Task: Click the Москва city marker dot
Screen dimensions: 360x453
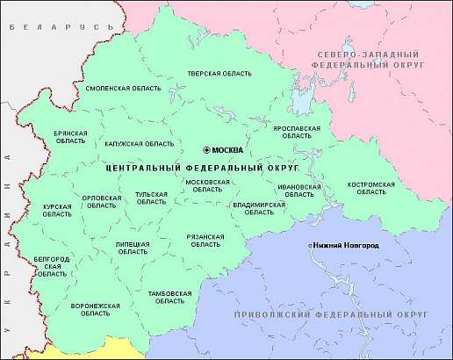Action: (206, 149)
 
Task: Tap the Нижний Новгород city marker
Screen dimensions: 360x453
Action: (310, 245)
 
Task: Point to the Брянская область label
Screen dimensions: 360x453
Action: (70, 136)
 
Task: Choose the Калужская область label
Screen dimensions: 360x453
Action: (139, 143)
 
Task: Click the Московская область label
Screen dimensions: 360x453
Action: (207, 185)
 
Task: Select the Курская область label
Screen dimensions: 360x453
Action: (57, 210)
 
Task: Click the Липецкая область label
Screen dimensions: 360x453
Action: (133, 248)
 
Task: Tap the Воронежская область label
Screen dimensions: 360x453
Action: (95, 310)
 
